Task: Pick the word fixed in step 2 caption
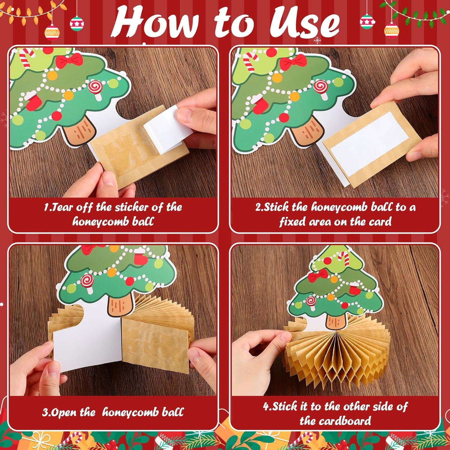coord(292,222)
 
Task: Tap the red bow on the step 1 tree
coord(69,60)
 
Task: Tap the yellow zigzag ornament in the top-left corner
coord(52,33)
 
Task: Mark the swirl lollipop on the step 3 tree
coord(88,283)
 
